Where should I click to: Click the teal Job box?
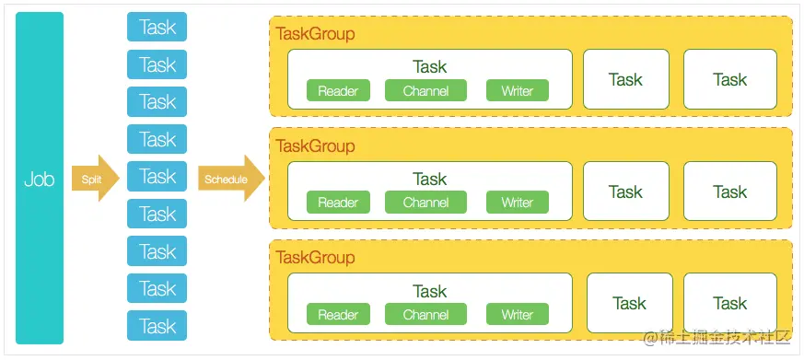[40, 179]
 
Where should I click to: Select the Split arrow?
[95, 179]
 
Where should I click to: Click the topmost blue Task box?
[157, 27]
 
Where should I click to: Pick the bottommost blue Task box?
[157, 326]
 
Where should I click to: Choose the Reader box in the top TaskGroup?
[338, 90]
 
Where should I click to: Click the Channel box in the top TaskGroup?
[425, 90]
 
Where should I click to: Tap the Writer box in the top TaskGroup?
[517, 90]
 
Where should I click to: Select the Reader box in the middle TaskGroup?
[338, 203]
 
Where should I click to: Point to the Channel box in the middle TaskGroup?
[425, 203]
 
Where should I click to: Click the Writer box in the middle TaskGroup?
[517, 203]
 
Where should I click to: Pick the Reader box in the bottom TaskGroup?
[338, 315]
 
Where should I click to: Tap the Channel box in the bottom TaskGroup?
[425, 315]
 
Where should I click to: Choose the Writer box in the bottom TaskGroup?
[517, 315]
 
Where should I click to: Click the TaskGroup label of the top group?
[315, 34]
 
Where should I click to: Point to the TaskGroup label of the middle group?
[315, 146]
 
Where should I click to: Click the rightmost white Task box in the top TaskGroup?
[729, 79]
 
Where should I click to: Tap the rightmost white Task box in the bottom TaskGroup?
[729, 303]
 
